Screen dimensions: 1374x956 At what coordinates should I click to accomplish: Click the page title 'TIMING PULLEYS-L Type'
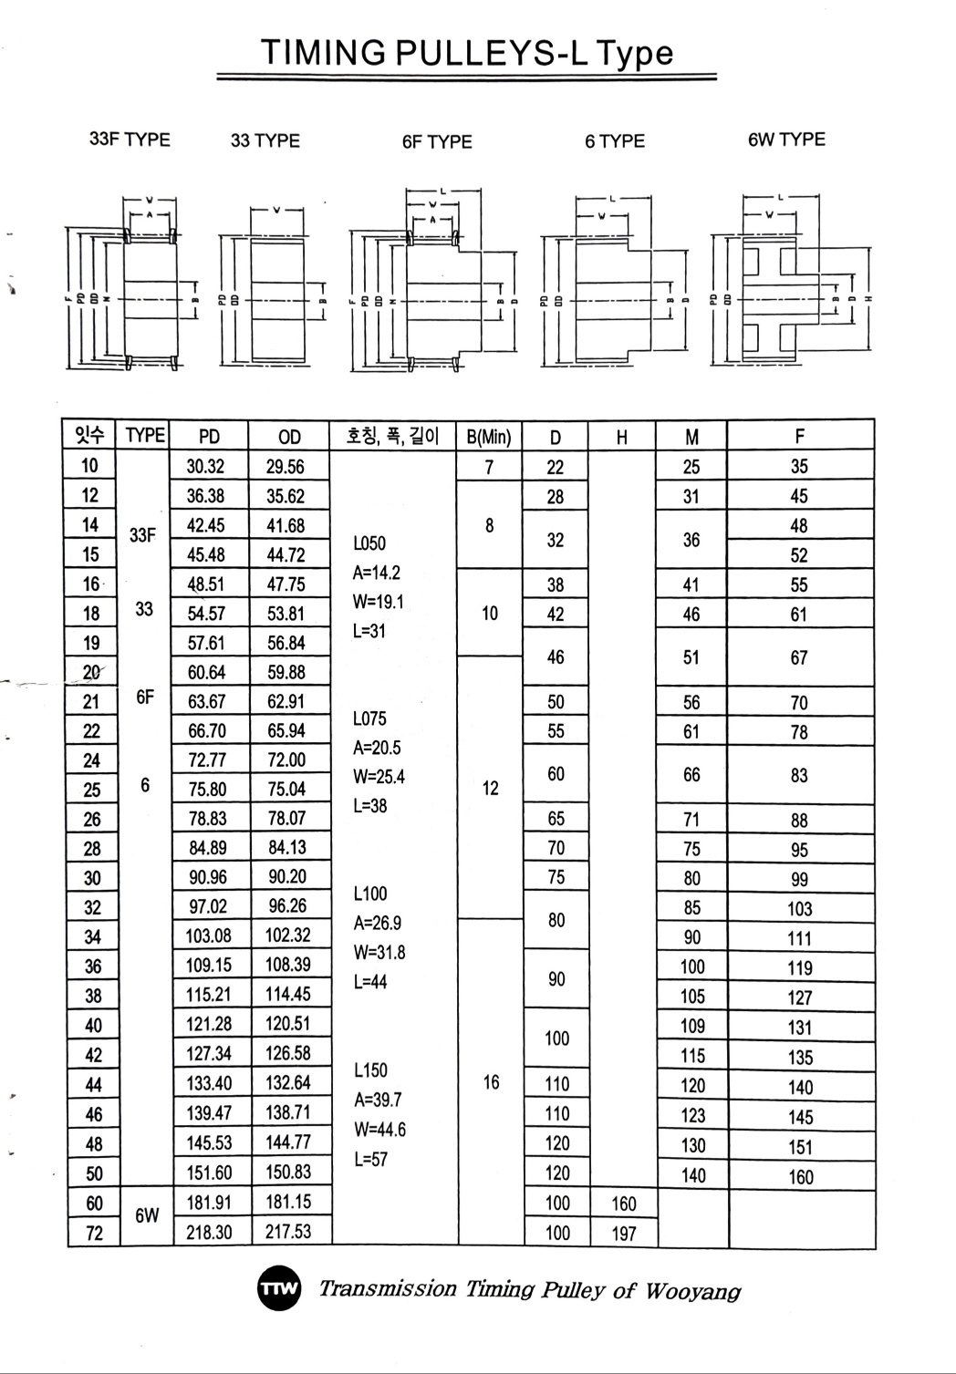[x=467, y=52]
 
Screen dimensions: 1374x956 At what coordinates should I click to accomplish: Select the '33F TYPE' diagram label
[x=130, y=139]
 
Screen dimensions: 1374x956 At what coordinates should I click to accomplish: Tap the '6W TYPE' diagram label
[x=785, y=139]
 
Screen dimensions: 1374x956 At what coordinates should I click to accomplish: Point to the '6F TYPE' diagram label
[x=437, y=141]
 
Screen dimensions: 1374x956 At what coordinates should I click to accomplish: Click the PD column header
[x=209, y=437]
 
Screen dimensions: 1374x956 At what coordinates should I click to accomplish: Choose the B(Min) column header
[x=489, y=437]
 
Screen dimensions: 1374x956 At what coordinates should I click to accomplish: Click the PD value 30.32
[x=205, y=467]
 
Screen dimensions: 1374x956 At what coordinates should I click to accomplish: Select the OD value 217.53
[x=288, y=1232]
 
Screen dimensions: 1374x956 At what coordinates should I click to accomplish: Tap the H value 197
[x=623, y=1234]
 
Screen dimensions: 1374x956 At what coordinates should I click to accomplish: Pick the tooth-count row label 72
[x=94, y=1234]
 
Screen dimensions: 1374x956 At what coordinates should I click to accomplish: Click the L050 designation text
[x=369, y=543]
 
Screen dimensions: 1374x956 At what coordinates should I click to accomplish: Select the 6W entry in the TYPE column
[x=147, y=1216]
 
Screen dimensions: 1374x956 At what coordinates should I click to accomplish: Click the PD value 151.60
[x=209, y=1173]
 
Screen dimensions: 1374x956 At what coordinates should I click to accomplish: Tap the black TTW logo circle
[x=278, y=1288]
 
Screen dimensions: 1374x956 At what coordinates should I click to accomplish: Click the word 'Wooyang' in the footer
[x=692, y=1291]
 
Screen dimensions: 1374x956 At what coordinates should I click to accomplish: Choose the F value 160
[x=800, y=1176]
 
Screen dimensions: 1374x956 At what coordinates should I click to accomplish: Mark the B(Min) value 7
[x=489, y=468]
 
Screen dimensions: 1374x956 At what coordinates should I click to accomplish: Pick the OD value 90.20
[x=287, y=877]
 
